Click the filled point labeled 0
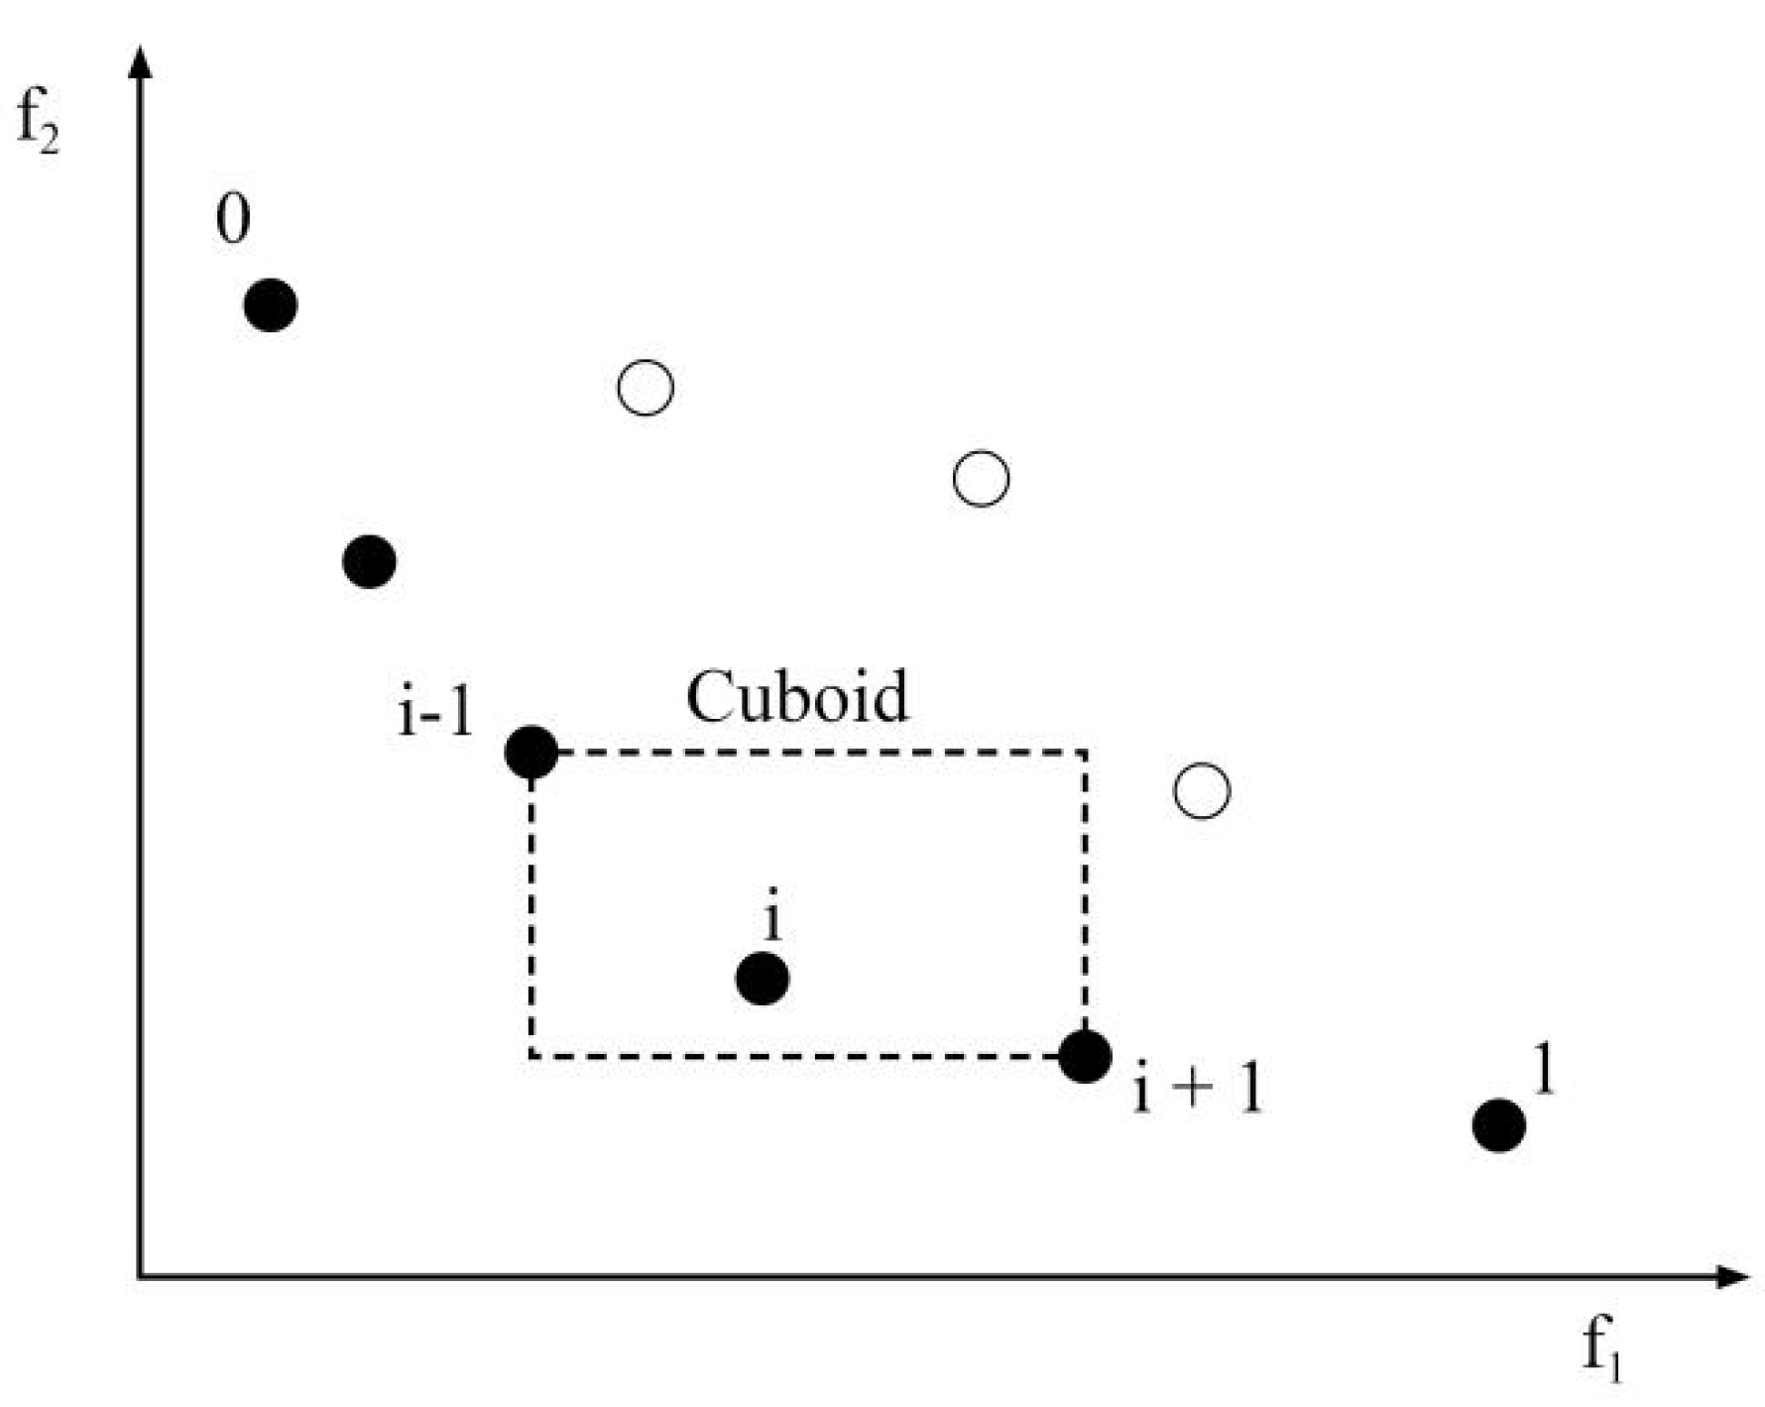(271, 304)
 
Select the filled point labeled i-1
(531, 753)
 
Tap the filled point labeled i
(763, 979)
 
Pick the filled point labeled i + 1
(1085, 1056)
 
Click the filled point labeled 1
(1498, 1125)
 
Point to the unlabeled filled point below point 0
(370, 562)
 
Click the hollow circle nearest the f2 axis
(646, 387)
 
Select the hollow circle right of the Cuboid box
(1202, 790)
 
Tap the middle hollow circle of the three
(981, 479)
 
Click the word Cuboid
(797, 697)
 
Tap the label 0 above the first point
(233, 220)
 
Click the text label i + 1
(1198, 1090)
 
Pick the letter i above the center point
(772, 918)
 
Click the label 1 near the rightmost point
(1541, 1069)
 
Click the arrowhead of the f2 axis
(141, 61)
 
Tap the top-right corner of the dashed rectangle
(1086, 753)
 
